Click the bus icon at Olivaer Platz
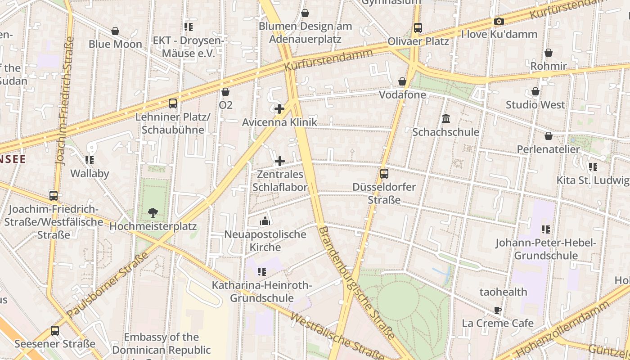pos(418,28)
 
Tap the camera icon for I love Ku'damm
pos(499,21)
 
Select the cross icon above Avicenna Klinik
pos(279,109)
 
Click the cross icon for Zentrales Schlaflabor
pos(280,161)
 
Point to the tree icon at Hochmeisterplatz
pos(153,213)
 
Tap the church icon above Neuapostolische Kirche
pos(265,221)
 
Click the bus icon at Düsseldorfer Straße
pos(384,173)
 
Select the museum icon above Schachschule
pos(446,119)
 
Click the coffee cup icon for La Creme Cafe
pos(497,310)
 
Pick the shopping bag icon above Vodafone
pos(402,81)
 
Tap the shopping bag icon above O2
pos(225,92)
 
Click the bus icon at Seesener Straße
pos(55,331)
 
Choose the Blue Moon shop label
pos(115,44)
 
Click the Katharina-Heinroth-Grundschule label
pos(261,292)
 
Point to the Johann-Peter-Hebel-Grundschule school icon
pos(546,229)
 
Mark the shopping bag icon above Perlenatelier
pos(549,136)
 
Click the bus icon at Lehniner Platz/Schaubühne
pos(173,103)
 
